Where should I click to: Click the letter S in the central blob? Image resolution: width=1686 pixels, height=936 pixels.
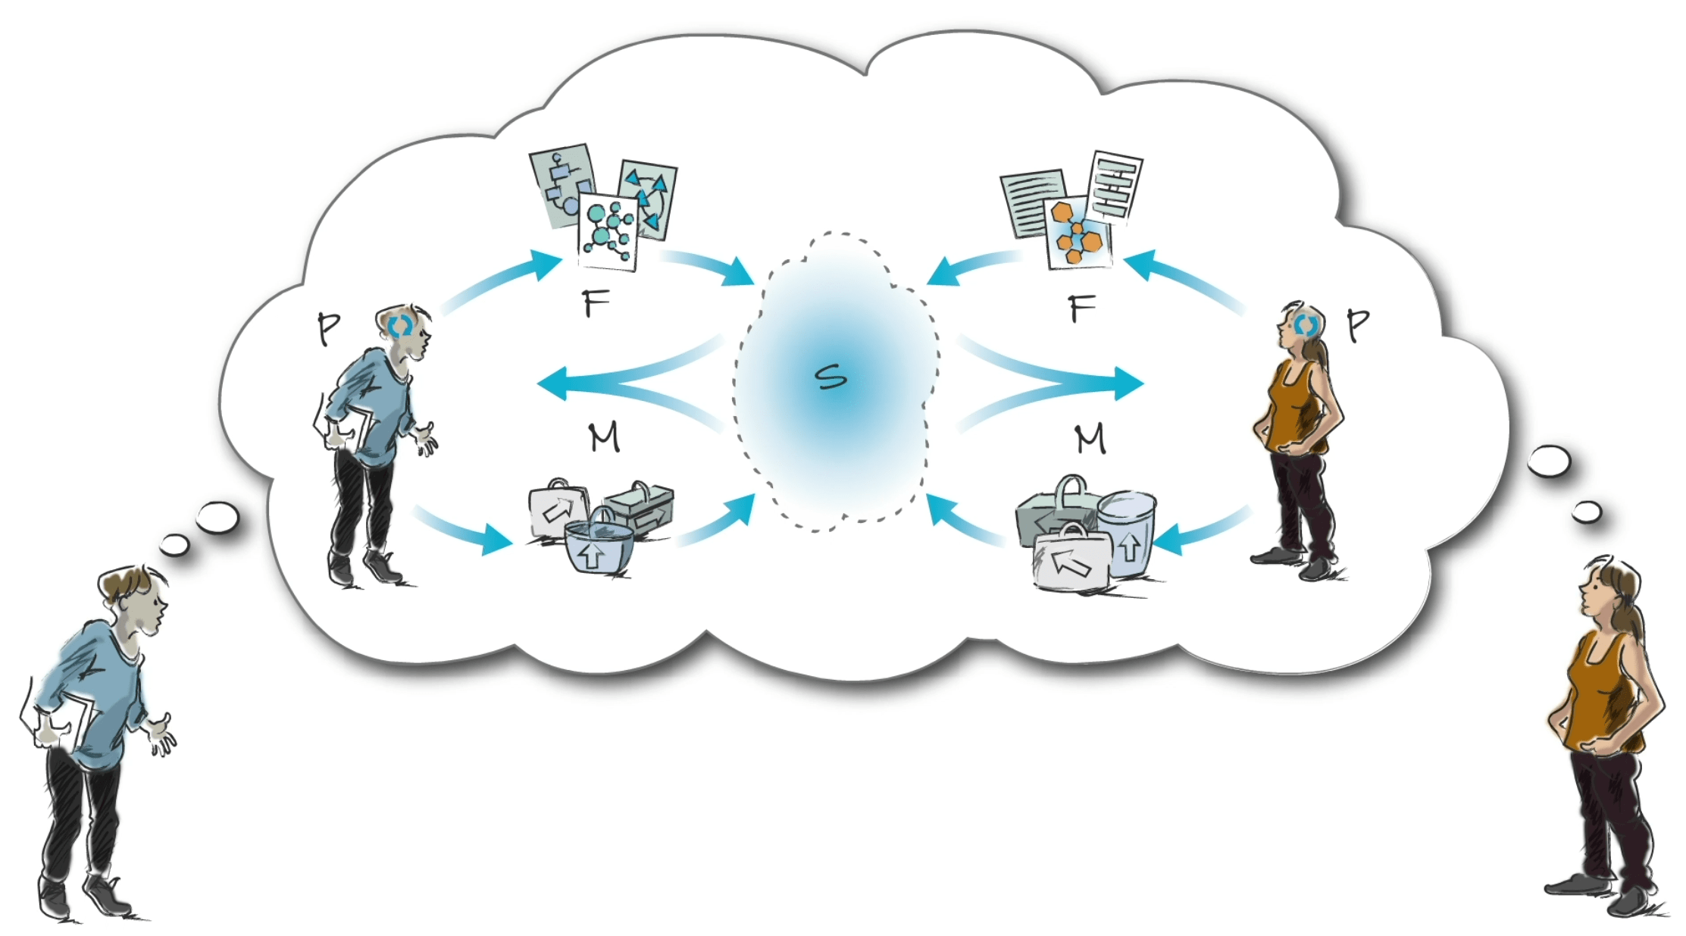point(831,377)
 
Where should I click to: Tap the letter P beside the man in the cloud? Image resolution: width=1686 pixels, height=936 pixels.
point(328,328)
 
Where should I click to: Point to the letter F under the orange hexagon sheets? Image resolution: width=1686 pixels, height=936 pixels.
point(1081,308)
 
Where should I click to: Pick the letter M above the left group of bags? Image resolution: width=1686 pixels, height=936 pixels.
point(604,437)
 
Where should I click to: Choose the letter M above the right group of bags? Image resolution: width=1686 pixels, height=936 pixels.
point(1090,439)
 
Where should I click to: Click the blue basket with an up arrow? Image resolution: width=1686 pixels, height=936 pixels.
point(598,546)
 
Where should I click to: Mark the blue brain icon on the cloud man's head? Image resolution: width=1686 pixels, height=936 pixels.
point(401,326)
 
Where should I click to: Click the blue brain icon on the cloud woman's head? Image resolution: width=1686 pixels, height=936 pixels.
point(1305,325)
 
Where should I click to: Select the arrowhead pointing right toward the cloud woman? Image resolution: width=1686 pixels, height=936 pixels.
point(1128,383)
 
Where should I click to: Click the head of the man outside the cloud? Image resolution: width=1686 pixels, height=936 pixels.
point(135,595)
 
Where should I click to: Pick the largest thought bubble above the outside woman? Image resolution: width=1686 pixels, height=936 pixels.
point(1548,461)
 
